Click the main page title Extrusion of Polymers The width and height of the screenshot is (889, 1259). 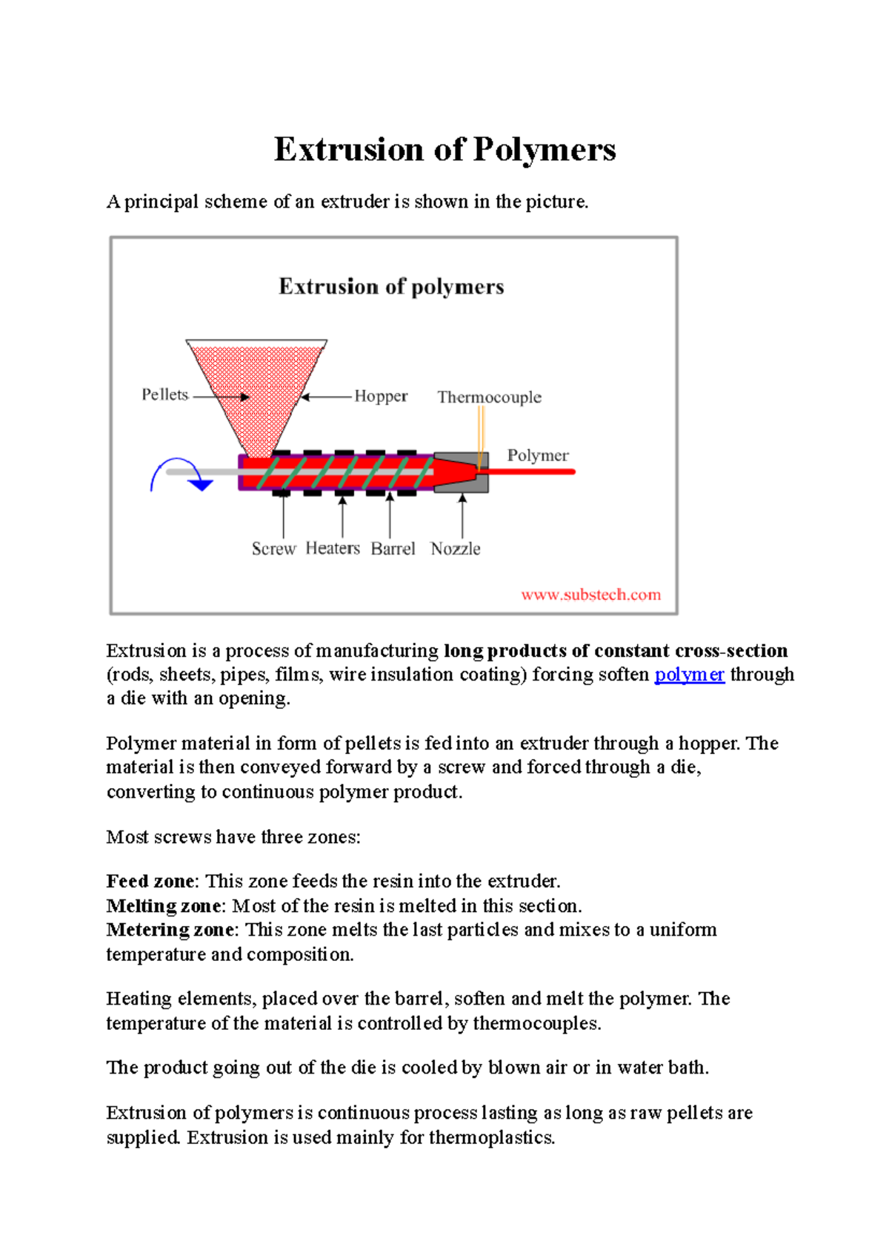444,150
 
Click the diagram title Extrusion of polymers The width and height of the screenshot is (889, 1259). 391,287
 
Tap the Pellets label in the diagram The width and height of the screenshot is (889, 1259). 164,394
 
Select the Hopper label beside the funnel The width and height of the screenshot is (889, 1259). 381,396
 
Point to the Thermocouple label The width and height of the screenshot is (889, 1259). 489,397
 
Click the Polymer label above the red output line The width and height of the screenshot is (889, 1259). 538,455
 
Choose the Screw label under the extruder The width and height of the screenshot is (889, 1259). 273,549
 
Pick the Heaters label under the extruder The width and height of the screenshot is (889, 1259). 333,548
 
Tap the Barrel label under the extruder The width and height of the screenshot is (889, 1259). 393,549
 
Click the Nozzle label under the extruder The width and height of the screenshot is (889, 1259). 456,549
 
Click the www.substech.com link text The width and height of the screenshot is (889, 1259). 590,595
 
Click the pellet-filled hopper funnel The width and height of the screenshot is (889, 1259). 256,386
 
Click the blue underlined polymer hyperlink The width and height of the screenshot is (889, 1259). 689,675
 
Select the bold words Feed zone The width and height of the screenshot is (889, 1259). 151,881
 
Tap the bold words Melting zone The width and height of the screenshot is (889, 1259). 164,906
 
